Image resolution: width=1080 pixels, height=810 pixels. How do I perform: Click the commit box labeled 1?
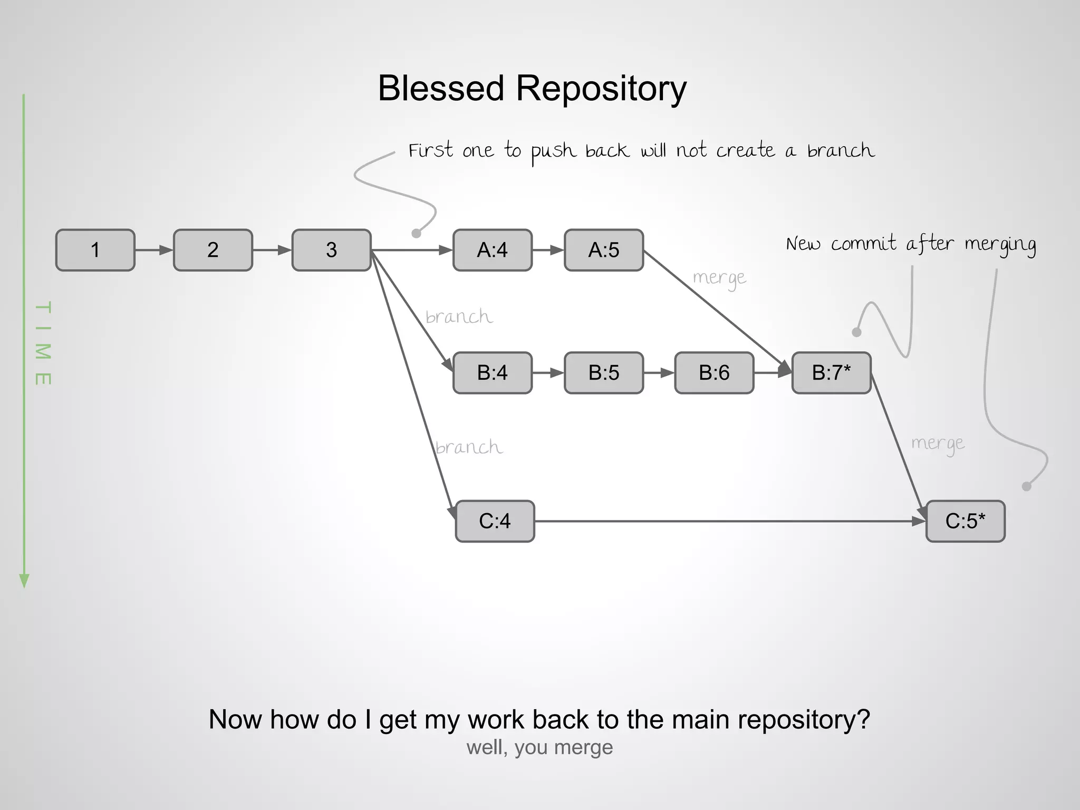[95, 250]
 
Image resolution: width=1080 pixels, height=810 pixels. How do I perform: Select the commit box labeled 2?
[213, 250]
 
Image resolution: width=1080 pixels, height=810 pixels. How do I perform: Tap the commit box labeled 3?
[331, 250]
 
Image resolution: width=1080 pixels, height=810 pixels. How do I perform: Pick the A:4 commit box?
[492, 250]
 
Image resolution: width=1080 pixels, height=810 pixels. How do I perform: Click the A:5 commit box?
[604, 250]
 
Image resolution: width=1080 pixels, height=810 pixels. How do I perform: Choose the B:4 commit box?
[492, 373]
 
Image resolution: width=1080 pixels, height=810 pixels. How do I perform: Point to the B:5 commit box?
[604, 373]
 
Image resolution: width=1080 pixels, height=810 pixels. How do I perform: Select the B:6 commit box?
[714, 373]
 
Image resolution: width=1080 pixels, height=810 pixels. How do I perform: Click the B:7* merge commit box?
[831, 373]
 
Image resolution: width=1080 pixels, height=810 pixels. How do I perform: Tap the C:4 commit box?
[495, 521]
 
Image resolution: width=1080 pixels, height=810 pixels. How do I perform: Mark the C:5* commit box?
[965, 521]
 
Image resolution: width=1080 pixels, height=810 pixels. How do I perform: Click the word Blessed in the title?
[441, 88]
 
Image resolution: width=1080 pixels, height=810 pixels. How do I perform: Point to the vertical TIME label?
[43, 343]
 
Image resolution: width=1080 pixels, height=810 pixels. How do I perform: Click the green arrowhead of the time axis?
[24, 580]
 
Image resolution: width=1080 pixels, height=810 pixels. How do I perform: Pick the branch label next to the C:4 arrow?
[469, 447]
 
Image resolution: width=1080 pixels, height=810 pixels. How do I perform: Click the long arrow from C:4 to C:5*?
[728, 521]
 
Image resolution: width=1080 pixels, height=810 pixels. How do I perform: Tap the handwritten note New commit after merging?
[911, 244]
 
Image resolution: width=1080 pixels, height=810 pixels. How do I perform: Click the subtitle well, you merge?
[539, 747]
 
